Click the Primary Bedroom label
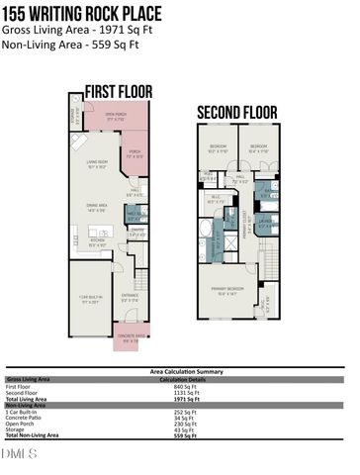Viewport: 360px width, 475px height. (x=226, y=290)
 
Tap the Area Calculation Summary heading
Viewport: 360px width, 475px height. (x=178, y=372)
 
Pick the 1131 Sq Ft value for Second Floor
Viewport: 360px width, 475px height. (x=174, y=392)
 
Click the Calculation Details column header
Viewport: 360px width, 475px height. (x=180, y=379)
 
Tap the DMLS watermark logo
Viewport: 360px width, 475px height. (x=20, y=454)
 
